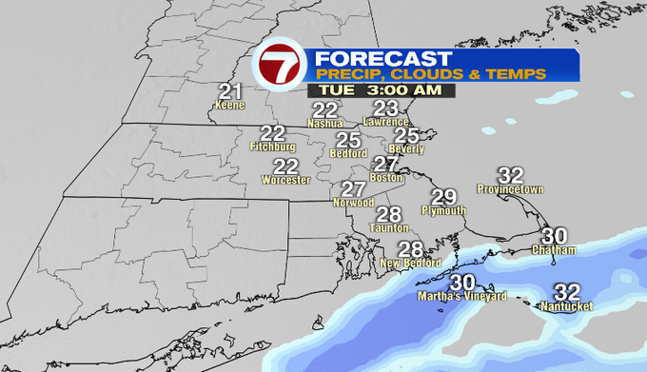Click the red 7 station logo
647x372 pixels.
(x=280, y=66)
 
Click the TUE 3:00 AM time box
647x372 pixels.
(x=381, y=90)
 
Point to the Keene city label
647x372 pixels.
(x=229, y=105)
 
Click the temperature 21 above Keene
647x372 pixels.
(x=229, y=91)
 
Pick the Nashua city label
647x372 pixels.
(x=325, y=124)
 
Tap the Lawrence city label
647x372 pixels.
(x=386, y=122)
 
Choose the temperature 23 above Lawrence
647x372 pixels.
(x=385, y=108)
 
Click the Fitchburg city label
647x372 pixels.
(x=272, y=147)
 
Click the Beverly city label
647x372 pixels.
(x=406, y=150)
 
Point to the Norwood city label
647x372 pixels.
(x=352, y=203)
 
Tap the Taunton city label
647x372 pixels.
(x=388, y=228)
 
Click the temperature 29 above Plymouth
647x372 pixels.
(x=443, y=197)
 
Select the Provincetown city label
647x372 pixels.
(x=511, y=189)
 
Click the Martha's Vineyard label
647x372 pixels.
(x=463, y=296)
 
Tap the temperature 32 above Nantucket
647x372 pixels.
(x=567, y=292)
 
